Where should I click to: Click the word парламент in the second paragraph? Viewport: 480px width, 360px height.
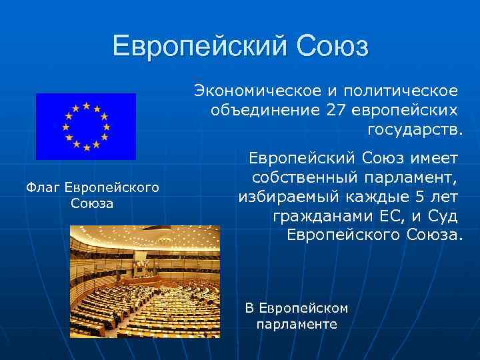[x=411, y=178]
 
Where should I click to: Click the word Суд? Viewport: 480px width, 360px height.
[x=443, y=217]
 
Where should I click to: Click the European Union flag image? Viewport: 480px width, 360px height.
[x=85, y=126]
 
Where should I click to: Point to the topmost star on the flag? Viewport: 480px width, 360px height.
[x=85, y=105]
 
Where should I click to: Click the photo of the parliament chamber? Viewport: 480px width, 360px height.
[x=145, y=281]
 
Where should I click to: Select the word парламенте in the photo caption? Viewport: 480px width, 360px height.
[x=297, y=325]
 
